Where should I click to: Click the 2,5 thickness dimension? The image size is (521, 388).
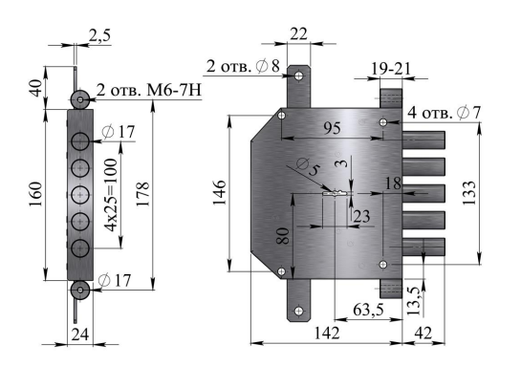pyautogui.click(x=99, y=35)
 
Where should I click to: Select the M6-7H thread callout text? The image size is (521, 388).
pyautogui.click(x=174, y=90)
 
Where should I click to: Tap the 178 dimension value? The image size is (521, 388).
pyautogui.click(x=143, y=194)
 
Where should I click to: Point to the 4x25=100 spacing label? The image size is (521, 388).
pyautogui.click(x=110, y=195)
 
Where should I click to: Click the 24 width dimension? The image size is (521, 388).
pyautogui.click(x=80, y=334)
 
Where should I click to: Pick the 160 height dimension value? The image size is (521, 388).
pyautogui.click(x=36, y=194)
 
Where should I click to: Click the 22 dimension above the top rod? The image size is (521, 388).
pyautogui.click(x=298, y=33)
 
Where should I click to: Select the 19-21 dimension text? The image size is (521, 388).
pyautogui.click(x=391, y=69)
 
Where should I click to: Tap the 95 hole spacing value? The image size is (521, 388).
pyautogui.click(x=332, y=128)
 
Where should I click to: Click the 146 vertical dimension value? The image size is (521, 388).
pyautogui.click(x=219, y=193)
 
